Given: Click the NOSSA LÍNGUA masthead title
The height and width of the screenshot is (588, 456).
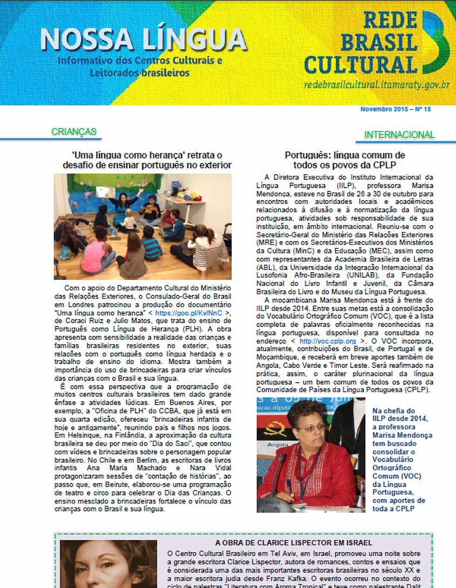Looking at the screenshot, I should (x=143, y=39).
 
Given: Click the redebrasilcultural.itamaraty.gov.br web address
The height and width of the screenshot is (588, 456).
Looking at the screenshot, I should (x=377, y=85).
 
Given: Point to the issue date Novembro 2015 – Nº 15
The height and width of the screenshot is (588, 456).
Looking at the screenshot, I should (x=396, y=110).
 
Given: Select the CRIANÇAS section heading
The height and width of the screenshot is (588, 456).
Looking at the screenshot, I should (x=74, y=131).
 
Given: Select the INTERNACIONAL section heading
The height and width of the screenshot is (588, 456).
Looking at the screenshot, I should (x=399, y=135).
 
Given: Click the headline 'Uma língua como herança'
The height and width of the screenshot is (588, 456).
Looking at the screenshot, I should (x=147, y=160).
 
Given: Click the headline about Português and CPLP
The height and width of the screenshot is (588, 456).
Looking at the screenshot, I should (x=345, y=160).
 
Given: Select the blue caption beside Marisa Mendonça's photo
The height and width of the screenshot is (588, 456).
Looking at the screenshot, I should (x=401, y=459).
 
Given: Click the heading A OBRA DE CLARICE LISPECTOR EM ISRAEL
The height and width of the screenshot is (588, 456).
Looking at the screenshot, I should (x=294, y=542).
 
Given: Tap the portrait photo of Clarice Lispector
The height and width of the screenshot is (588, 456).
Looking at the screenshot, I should (x=108, y=564).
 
